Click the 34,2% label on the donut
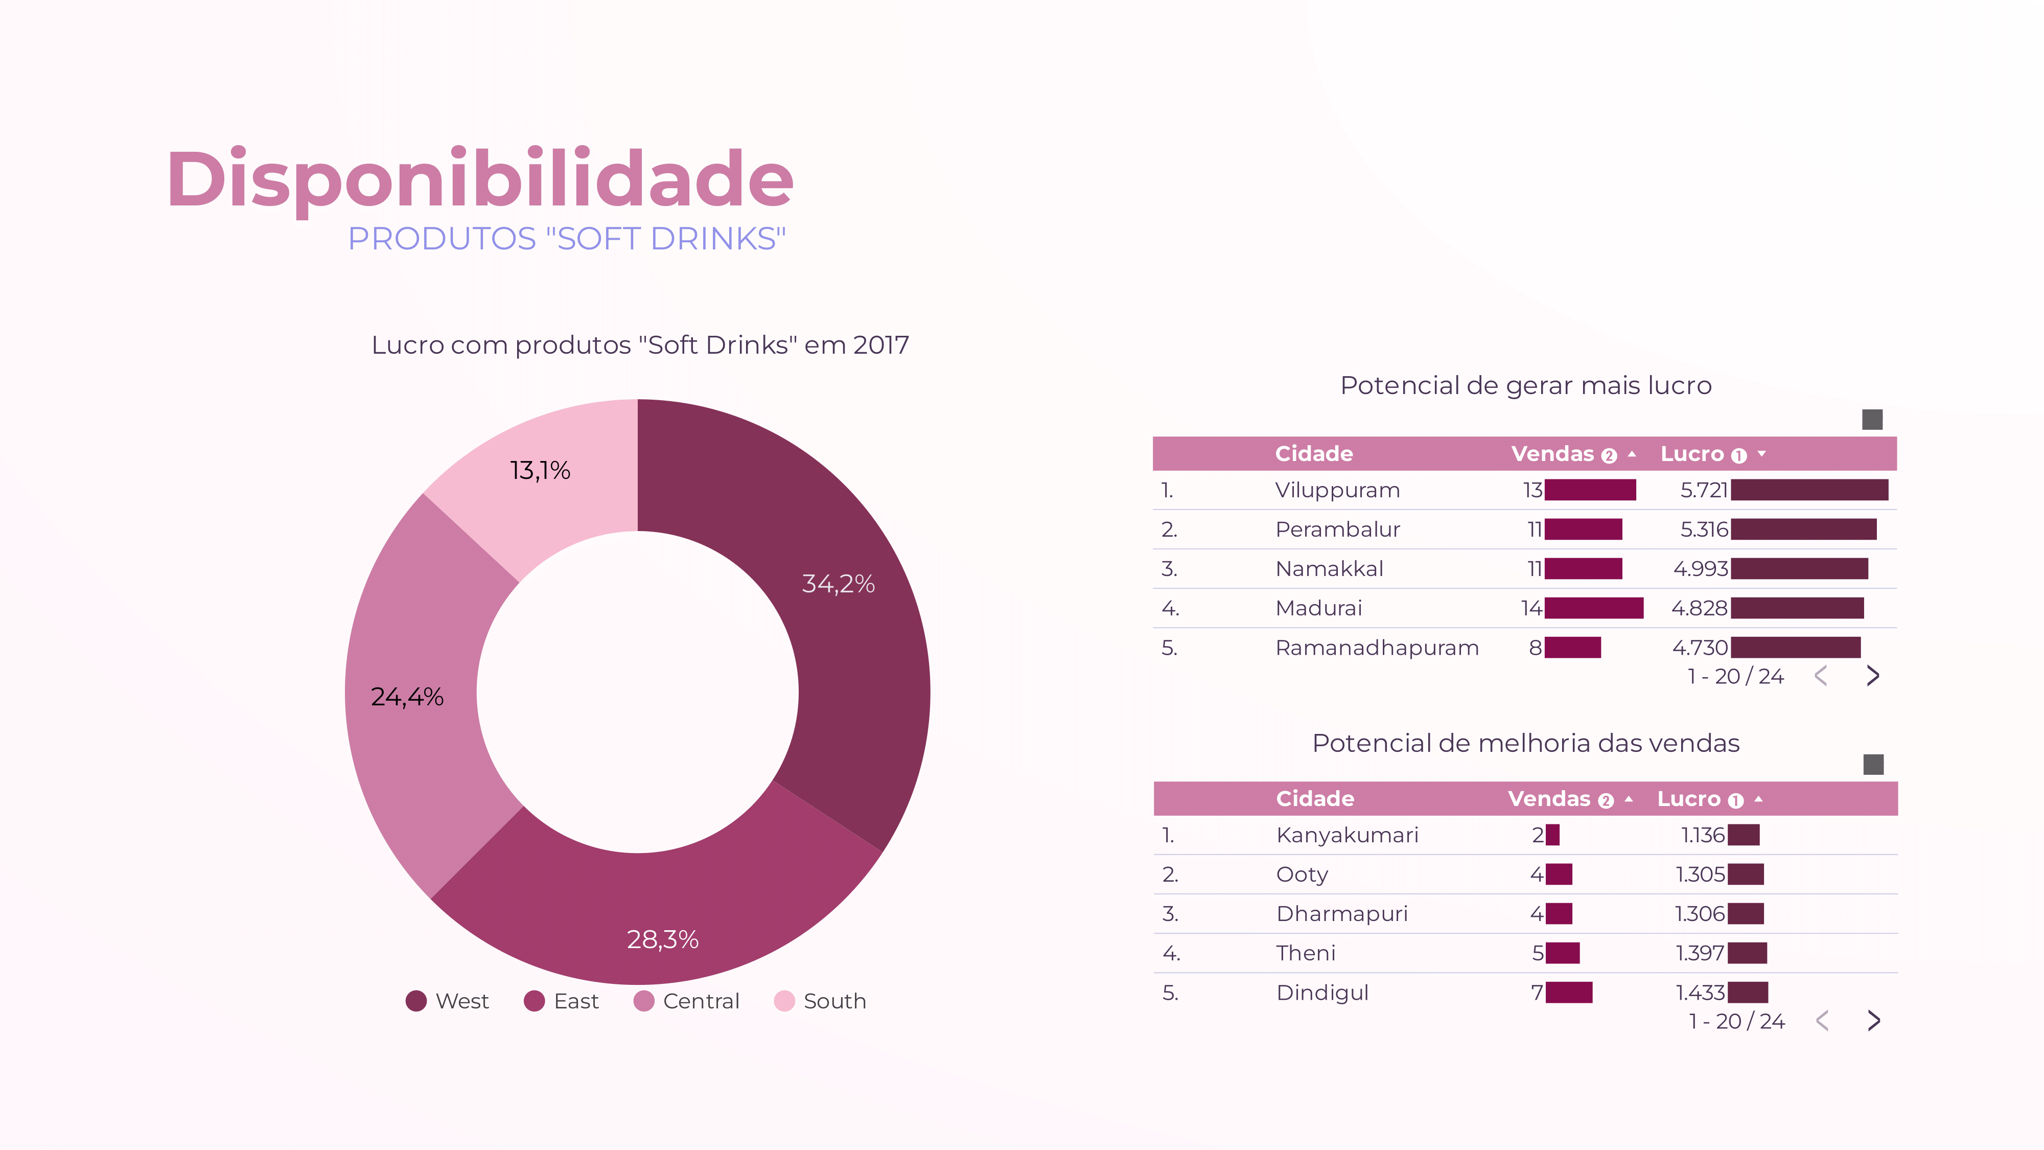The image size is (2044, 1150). tap(838, 584)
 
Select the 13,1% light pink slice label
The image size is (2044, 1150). tap(540, 471)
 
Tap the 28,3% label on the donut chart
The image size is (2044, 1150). tap(663, 940)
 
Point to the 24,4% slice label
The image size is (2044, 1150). tap(407, 697)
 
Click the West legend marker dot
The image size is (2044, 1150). tap(416, 1001)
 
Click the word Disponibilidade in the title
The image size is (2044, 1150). tap(479, 179)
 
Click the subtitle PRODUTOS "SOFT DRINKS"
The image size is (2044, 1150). tap(567, 239)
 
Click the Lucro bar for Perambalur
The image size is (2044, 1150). tap(1803, 530)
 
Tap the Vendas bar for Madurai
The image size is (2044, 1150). tap(1593, 608)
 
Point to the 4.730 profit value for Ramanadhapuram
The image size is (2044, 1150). tap(1700, 648)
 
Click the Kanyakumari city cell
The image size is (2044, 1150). tap(1346, 835)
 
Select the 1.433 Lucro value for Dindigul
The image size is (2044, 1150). tap(1700, 992)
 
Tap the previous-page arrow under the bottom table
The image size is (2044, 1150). tap(1822, 1021)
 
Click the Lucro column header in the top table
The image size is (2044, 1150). tap(1692, 454)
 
